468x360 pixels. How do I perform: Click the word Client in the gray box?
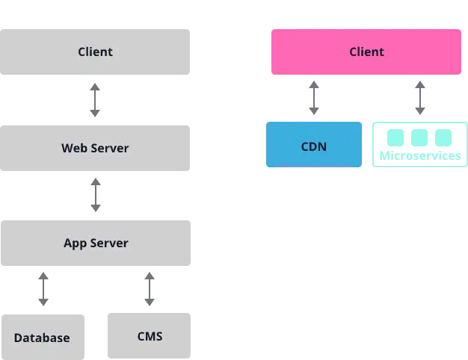pos(95,52)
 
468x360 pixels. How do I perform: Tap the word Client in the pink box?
pos(366,52)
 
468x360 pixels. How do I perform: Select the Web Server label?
pos(95,148)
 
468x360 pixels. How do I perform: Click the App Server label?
pos(96,243)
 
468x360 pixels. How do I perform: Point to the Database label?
pos(42,338)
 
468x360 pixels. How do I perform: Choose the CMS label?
pos(150,335)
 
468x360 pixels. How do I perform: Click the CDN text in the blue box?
pos(314,146)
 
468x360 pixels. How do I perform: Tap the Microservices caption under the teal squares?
pos(419,157)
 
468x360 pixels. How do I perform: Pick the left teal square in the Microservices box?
pos(395,137)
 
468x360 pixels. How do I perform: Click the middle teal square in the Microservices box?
pos(419,137)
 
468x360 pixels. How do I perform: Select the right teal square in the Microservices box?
pos(444,137)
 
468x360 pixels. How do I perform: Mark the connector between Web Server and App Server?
pos(96,194)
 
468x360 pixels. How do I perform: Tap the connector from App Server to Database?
pos(45,290)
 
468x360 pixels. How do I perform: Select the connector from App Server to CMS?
pos(150,290)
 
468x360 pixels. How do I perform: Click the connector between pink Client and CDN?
pos(314,98)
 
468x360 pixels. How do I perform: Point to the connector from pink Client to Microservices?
pos(421,98)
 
